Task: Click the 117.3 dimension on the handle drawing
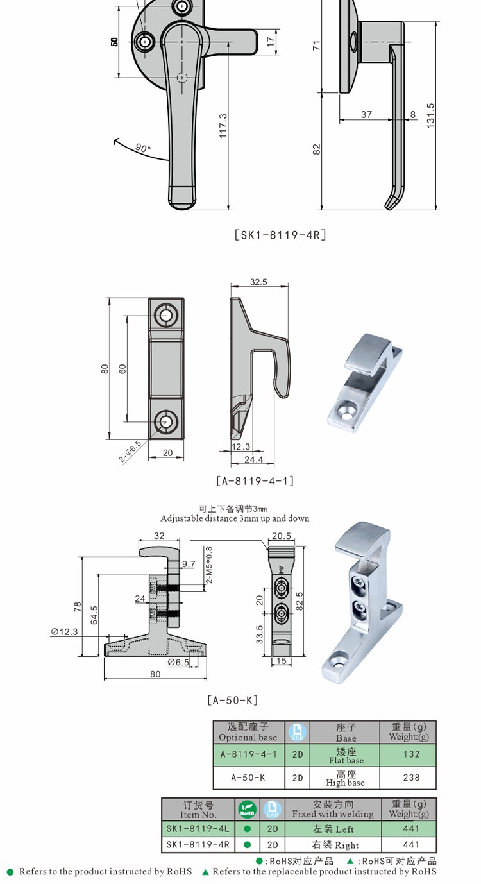coord(223,126)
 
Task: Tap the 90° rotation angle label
coord(143,148)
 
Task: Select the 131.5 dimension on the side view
coord(430,115)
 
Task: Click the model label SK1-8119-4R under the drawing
coord(280,235)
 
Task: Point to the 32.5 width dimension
coord(258,282)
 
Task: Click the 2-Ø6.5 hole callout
coord(130,452)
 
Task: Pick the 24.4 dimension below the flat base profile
coord(254,459)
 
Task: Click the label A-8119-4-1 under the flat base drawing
coord(255,480)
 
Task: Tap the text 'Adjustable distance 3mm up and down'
coord(235,518)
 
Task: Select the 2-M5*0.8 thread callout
coord(209,565)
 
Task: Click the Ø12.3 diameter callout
coord(64,632)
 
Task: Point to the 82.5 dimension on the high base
coord(300,601)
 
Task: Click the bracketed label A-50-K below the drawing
coord(233,701)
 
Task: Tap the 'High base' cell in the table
coord(345,778)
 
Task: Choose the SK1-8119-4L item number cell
coord(198,828)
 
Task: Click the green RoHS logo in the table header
coord(248,809)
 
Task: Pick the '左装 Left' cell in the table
coord(333,829)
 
